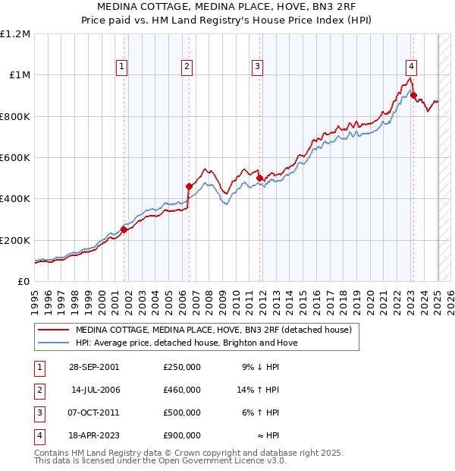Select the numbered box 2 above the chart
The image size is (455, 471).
[187, 67]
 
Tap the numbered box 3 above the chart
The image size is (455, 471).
[258, 67]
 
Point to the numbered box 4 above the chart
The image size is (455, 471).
[410, 67]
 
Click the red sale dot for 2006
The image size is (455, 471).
[189, 185]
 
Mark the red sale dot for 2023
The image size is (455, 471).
[413, 95]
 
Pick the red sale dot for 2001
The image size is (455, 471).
[124, 229]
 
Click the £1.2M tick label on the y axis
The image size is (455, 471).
[15, 34]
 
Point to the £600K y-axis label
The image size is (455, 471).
[15, 158]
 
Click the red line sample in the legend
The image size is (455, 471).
[52, 330]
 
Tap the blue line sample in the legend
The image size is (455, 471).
[52, 343]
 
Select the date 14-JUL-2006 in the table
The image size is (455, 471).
[96, 390]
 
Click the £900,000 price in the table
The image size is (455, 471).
[182, 435]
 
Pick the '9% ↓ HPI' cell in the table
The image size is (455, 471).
[261, 367]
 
